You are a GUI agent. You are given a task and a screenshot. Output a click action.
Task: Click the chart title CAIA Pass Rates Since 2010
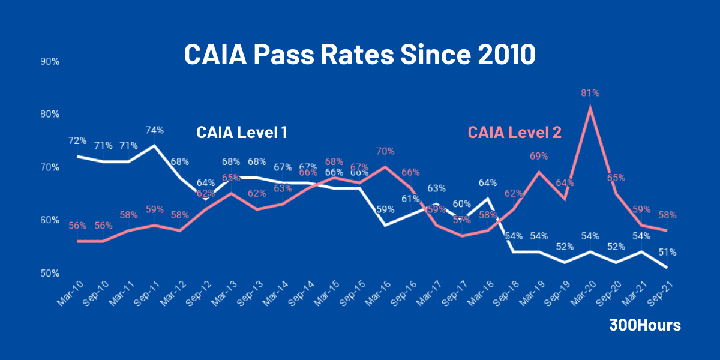[359, 55]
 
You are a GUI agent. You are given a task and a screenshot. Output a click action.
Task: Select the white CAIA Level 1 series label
[242, 133]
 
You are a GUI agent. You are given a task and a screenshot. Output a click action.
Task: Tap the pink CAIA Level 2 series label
[514, 133]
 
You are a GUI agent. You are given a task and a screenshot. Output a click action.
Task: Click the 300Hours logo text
[645, 325]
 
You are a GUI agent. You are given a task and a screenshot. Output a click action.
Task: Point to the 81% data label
[590, 93]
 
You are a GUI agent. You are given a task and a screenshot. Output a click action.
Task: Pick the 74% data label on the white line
[154, 130]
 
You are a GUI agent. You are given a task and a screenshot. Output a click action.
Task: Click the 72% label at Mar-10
[77, 141]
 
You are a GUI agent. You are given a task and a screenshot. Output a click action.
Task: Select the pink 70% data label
[385, 152]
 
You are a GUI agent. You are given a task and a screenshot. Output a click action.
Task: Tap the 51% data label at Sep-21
[667, 253]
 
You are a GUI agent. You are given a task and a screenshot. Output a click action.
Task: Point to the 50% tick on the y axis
[50, 274]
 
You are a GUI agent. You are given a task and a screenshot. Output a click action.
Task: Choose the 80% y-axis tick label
[50, 115]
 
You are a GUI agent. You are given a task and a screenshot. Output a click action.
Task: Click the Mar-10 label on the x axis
[69, 294]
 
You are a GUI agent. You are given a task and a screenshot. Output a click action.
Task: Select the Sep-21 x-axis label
[658, 294]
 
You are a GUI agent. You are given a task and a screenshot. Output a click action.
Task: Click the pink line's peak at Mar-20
[590, 108]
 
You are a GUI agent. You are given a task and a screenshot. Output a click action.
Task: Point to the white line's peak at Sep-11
[154, 145]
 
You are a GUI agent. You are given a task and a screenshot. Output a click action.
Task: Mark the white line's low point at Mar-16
[385, 225]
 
